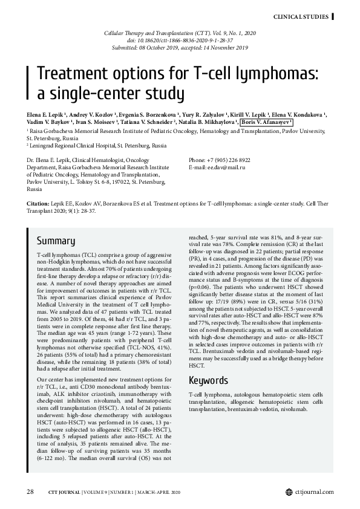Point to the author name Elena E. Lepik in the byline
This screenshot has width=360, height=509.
[46, 114]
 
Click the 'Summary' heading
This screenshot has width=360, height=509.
[56, 240]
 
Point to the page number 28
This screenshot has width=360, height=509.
[30, 491]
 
